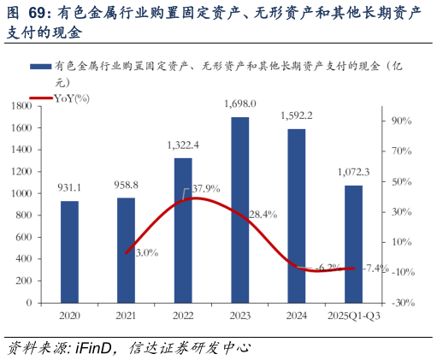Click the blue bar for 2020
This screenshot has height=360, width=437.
click(69, 251)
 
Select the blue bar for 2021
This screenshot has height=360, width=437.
click(126, 250)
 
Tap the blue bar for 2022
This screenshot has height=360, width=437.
click(183, 230)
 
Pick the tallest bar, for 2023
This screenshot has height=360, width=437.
click(240, 210)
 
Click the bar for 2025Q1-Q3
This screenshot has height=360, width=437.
click(353, 244)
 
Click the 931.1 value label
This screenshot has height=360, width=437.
click(69, 187)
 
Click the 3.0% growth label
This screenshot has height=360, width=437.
click(146, 251)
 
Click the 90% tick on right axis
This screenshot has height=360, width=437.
click(402, 121)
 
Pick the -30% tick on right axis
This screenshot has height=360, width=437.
click(402, 303)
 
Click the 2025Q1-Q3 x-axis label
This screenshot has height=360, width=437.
click(353, 316)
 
